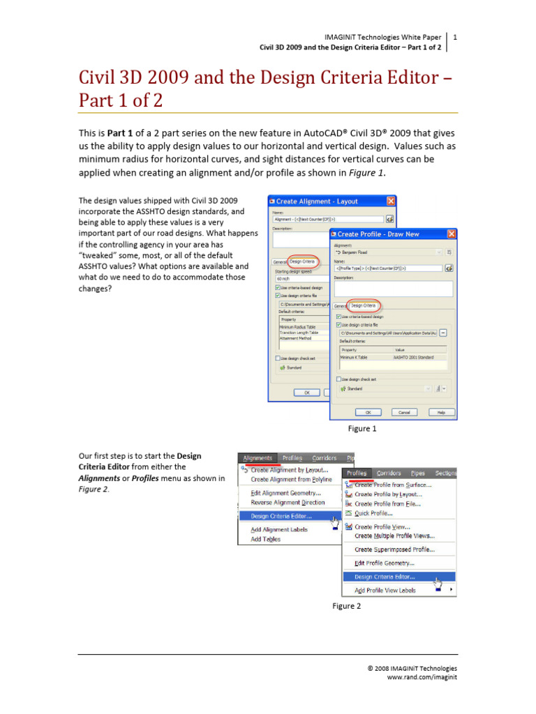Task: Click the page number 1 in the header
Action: click(x=455, y=36)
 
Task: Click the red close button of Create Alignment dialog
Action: click(x=390, y=201)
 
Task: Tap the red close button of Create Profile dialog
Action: click(x=451, y=234)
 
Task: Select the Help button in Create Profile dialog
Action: click(x=440, y=412)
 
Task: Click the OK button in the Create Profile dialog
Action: click(x=368, y=412)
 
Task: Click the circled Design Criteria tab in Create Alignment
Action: click(x=303, y=262)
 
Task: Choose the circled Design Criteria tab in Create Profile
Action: click(x=363, y=305)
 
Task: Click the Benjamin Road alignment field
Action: click(x=387, y=252)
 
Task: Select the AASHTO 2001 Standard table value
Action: click(x=415, y=357)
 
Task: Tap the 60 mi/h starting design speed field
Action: click(x=300, y=279)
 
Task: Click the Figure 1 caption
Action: click(x=362, y=429)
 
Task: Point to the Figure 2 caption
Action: click(x=346, y=606)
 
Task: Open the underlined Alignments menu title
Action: click(x=258, y=458)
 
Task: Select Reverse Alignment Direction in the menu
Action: click(x=288, y=502)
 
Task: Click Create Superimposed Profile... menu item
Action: click(x=394, y=549)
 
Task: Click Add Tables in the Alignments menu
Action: click(x=266, y=539)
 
